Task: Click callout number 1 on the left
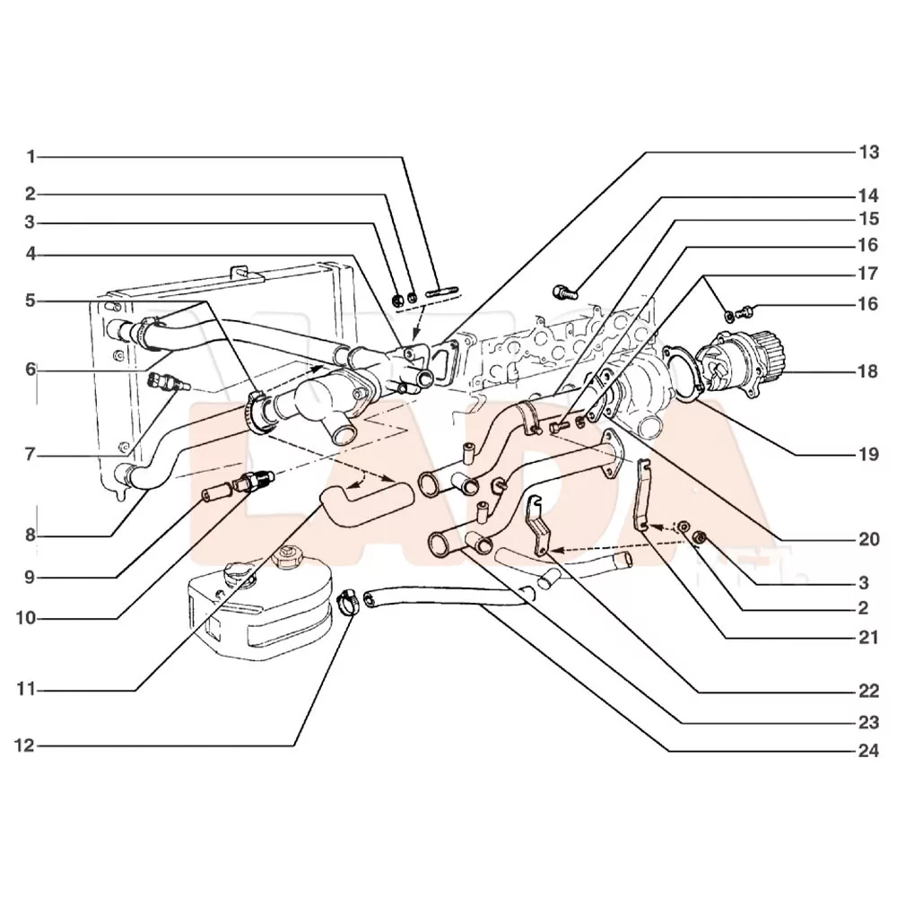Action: coord(30,157)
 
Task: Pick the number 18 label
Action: coord(867,370)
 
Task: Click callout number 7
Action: coord(30,456)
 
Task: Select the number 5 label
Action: coord(30,300)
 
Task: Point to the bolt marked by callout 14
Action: coord(564,291)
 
